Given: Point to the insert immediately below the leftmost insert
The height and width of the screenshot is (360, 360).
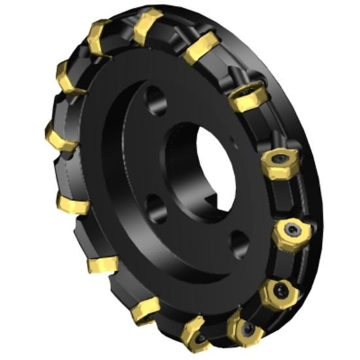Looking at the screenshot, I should (71, 202).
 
